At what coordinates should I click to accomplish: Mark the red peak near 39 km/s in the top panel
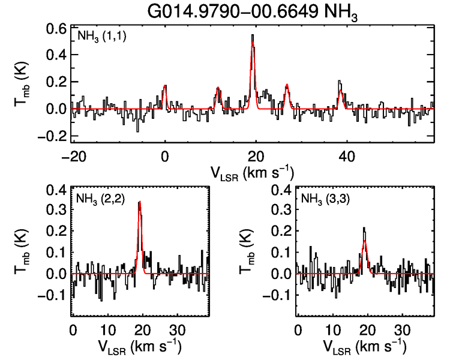tap(341, 91)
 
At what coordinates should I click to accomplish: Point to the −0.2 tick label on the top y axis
tap(53, 136)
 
